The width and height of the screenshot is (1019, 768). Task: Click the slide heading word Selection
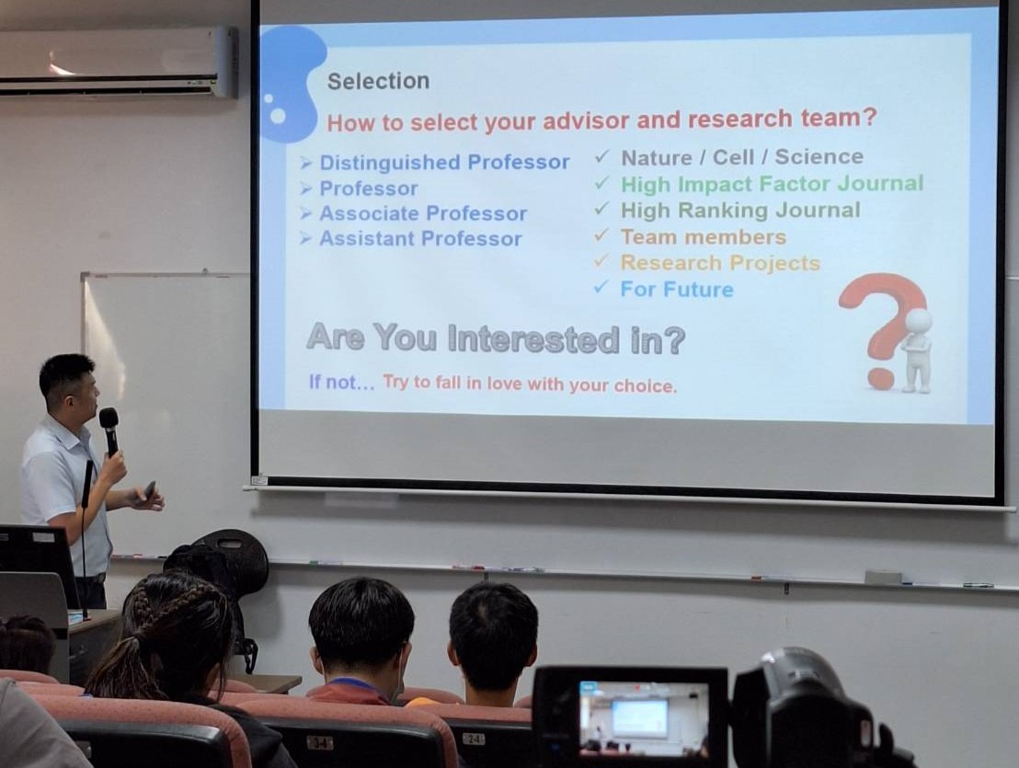point(378,81)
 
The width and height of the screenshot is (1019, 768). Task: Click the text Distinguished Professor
point(444,162)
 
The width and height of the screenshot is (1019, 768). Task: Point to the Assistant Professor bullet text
point(420,238)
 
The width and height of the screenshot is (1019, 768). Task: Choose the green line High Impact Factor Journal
point(772,184)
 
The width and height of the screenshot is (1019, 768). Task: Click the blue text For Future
point(677,289)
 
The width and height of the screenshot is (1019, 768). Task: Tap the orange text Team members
point(704,236)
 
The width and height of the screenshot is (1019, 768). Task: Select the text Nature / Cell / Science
point(742,157)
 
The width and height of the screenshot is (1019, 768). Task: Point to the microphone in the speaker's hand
point(109,430)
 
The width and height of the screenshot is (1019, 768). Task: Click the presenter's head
point(69,386)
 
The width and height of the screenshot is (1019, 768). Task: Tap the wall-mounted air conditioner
point(118,62)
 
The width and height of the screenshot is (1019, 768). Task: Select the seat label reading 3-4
point(320,742)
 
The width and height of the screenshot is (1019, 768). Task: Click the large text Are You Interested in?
point(495,338)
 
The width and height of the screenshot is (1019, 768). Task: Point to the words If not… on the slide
point(342,382)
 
